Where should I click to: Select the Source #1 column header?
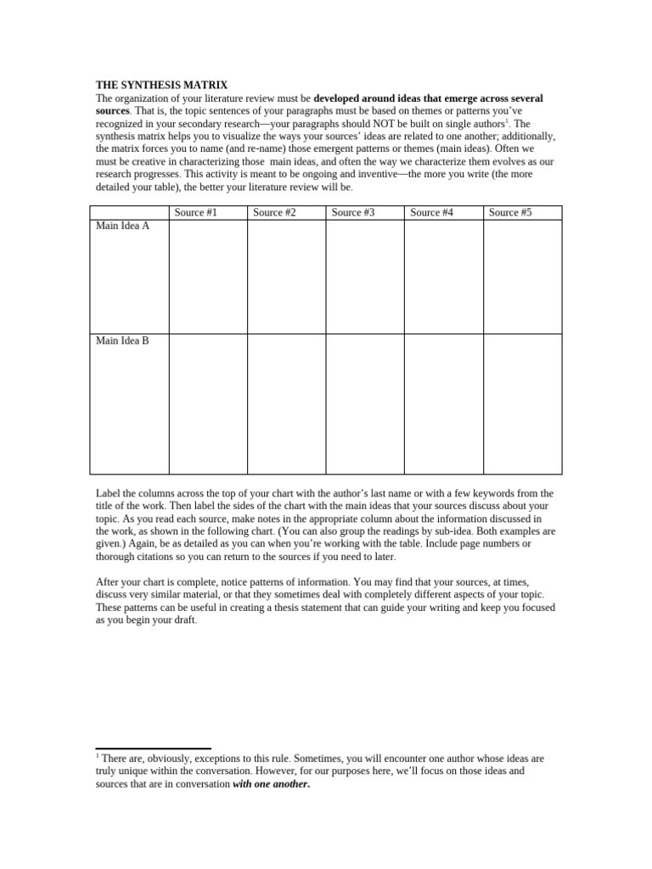point(195,212)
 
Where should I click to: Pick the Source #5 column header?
point(510,212)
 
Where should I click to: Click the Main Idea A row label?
point(122,227)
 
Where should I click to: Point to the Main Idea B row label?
point(122,340)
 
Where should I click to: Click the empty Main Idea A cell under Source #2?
point(286,277)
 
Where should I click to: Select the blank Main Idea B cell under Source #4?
point(443,403)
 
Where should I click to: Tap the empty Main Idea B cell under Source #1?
point(207,403)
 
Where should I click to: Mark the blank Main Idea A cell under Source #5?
point(522,277)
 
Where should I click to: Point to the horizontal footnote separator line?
point(153,749)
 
